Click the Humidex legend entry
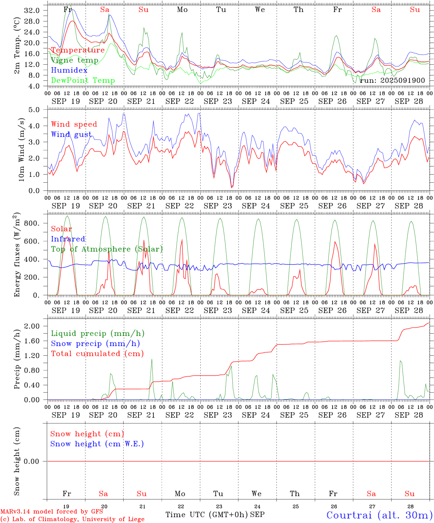coord(69,70)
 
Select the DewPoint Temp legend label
coord(83,81)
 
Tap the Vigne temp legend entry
coord(75,60)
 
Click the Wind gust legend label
coord(71,134)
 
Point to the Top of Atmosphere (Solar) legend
coord(107,249)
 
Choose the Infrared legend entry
coord(68,239)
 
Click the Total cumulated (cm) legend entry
coord(97,354)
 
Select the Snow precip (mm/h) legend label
coord(95,344)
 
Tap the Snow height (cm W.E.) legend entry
coord(97,444)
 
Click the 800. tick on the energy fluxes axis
coord(31,223)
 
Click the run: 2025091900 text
coord(393,81)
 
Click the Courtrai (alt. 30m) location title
coord(379,515)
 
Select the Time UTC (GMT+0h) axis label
coord(206,515)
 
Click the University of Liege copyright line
coord(72,519)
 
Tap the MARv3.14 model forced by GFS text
coord(52,512)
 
